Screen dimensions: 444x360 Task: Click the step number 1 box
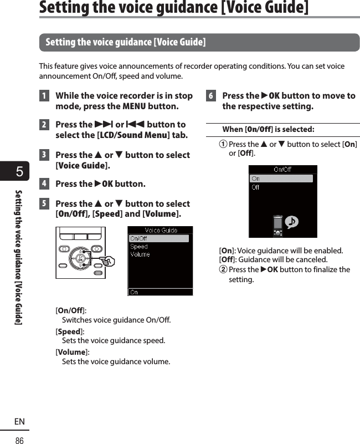tap(43, 96)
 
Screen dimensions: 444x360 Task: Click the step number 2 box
tap(43, 125)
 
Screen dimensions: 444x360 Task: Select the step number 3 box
tap(43, 155)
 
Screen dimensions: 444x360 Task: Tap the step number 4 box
tap(43, 184)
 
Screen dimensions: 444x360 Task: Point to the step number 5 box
tap(43, 204)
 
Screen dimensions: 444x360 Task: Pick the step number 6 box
tap(210, 96)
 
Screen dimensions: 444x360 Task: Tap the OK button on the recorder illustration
tap(81, 259)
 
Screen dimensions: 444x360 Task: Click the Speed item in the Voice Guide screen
tap(139, 247)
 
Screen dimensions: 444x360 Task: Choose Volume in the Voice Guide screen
tap(140, 254)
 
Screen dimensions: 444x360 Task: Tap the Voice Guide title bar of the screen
tap(161, 231)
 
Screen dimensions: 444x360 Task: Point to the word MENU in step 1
tap(133, 106)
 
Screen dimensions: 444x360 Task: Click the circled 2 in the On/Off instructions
tap(224, 270)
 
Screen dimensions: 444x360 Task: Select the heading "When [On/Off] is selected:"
tap(268, 130)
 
